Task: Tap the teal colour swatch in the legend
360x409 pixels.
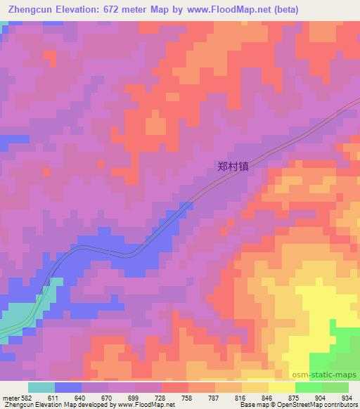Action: pyautogui.click(x=41, y=387)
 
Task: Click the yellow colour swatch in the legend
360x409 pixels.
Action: pyautogui.click(x=282, y=387)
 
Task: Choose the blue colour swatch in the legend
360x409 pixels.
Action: pyautogui.click(x=68, y=387)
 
